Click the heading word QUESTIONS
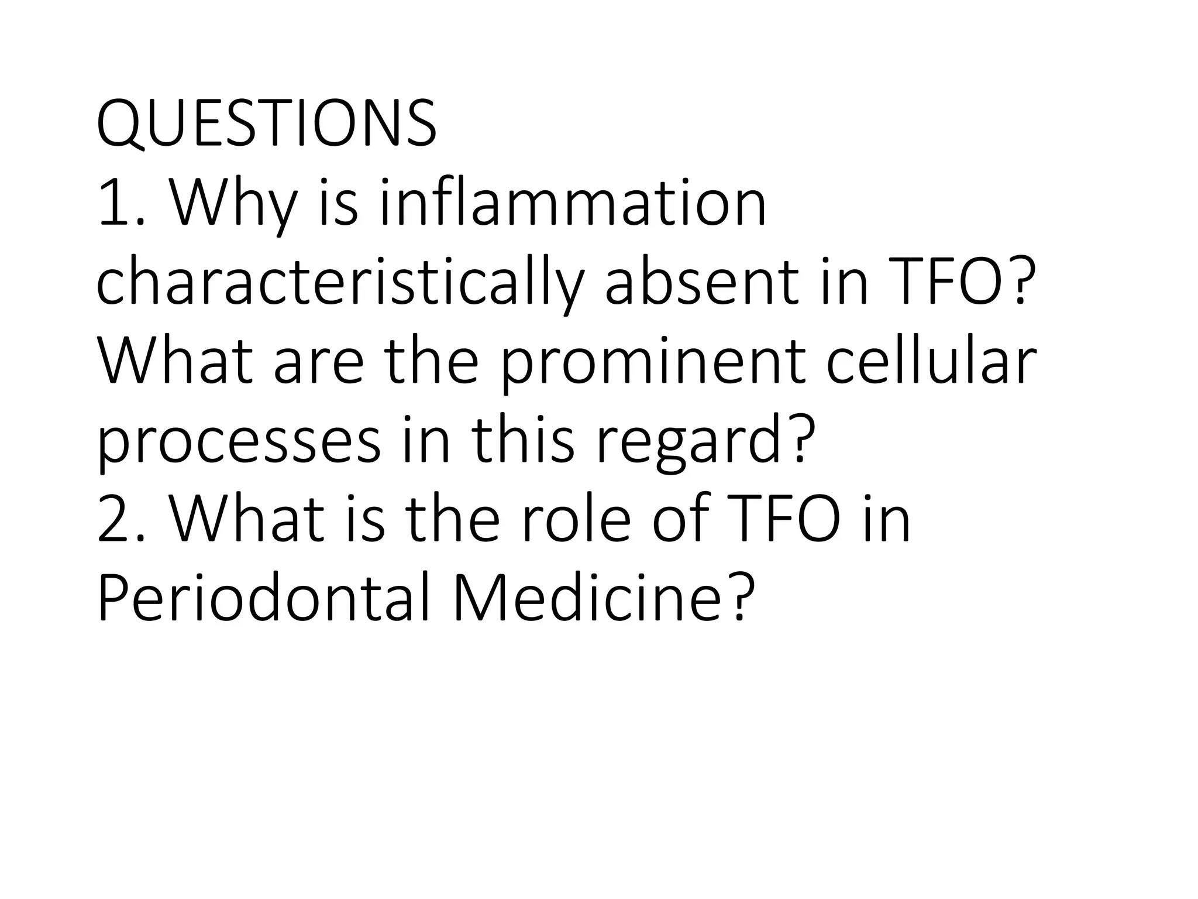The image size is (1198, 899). (266, 125)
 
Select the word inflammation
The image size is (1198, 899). (573, 203)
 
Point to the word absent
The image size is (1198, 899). (701, 283)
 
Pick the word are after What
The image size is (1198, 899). (318, 363)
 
